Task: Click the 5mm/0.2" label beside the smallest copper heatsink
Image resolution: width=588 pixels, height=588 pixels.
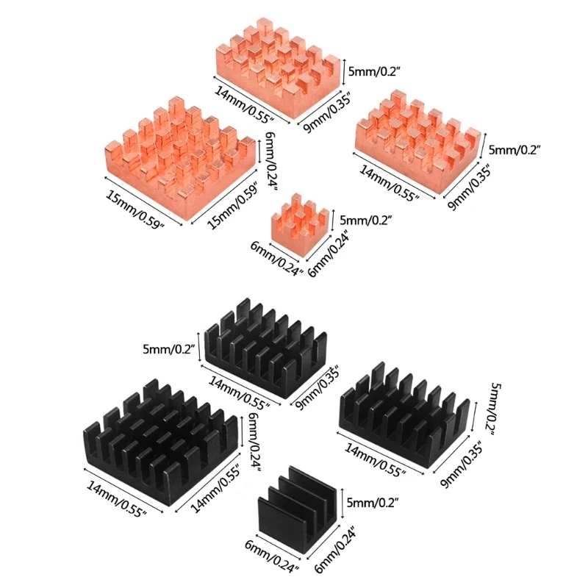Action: point(365,219)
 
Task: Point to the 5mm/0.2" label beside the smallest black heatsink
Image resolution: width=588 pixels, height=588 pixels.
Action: point(372,503)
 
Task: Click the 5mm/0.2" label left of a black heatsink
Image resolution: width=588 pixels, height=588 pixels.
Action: point(169,350)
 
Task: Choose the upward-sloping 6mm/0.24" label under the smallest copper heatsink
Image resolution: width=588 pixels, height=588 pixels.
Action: point(329,255)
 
